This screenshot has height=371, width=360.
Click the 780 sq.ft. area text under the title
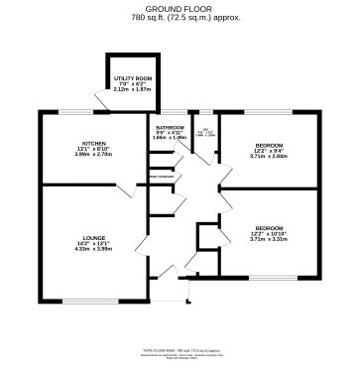coord(180,19)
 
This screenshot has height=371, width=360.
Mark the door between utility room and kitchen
coord(101,99)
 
